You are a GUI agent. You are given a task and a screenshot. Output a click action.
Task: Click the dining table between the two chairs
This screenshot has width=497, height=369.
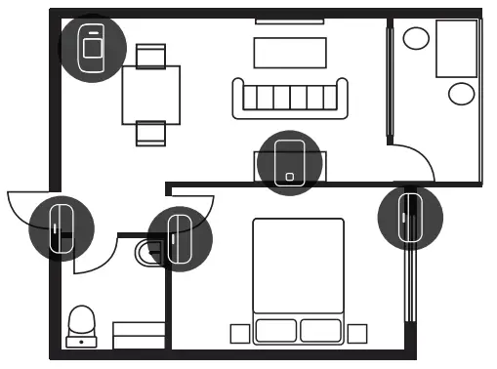(151, 94)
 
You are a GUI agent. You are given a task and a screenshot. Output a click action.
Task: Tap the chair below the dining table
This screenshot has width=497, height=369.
(151, 133)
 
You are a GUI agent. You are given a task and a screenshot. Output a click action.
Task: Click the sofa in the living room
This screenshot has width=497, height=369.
(289, 98)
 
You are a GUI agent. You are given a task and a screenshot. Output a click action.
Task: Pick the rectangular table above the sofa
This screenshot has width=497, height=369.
(289, 51)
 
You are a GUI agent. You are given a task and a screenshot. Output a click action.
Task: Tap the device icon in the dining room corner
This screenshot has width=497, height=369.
(92, 47)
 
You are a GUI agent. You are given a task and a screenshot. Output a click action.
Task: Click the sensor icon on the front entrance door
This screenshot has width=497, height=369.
(62, 226)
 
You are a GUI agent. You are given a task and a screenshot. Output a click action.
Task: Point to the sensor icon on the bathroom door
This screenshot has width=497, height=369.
(179, 237)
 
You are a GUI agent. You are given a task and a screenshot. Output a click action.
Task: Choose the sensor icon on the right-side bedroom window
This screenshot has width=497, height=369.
(410, 217)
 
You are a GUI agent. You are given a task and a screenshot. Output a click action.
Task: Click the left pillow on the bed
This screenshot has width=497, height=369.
(275, 330)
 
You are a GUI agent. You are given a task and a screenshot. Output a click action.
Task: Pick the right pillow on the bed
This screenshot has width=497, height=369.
(321, 330)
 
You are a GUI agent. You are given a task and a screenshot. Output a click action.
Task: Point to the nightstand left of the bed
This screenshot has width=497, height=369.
(239, 334)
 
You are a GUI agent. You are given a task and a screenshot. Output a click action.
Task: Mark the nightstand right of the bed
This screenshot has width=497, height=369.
(357, 334)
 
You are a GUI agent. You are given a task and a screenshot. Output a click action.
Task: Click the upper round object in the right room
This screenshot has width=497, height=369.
(417, 38)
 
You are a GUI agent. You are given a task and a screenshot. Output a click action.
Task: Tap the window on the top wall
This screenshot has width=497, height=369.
(289, 20)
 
